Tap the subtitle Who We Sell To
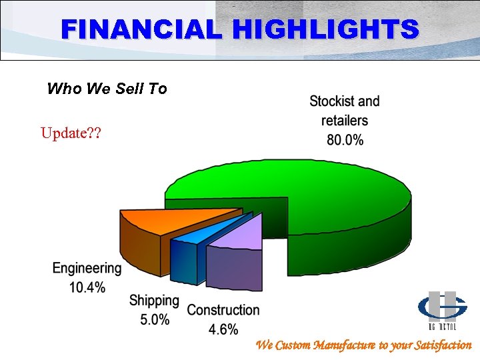click(107, 89)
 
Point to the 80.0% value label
click(345, 140)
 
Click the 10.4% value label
click(87, 287)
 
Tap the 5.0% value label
click(155, 319)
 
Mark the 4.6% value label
click(223, 329)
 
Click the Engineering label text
click(87, 269)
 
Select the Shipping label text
click(154, 301)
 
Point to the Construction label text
click(223, 310)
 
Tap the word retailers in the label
click(345, 121)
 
